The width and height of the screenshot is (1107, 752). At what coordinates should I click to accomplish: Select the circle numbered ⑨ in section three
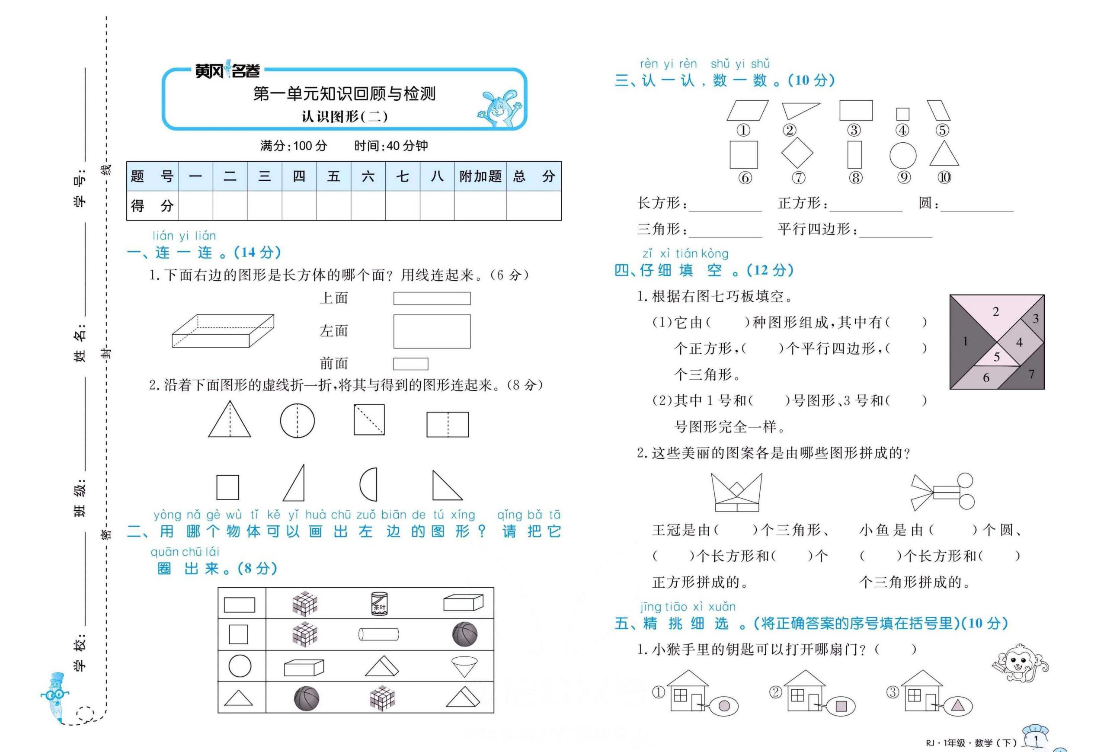(x=902, y=155)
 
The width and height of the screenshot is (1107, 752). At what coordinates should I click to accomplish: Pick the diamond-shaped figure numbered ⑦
(x=797, y=154)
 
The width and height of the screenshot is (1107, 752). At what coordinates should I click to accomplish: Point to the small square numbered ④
(x=902, y=114)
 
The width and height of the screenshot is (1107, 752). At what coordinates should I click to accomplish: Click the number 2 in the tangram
(x=995, y=312)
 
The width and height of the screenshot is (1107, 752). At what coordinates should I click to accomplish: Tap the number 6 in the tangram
(x=985, y=378)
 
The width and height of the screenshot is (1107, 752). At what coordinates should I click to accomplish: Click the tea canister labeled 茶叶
(x=379, y=604)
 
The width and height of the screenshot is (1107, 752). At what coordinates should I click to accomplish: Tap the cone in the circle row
(x=464, y=666)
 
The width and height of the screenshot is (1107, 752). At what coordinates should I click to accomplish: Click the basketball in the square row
(x=464, y=634)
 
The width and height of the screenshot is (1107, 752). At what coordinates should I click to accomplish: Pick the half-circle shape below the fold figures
(x=369, y=484)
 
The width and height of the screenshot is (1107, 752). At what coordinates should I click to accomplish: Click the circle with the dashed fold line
(x=297, y=420)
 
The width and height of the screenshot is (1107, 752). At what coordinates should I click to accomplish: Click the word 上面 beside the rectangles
(x=333, y=298)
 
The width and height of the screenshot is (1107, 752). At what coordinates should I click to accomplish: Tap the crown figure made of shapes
(x=736, y=492)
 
